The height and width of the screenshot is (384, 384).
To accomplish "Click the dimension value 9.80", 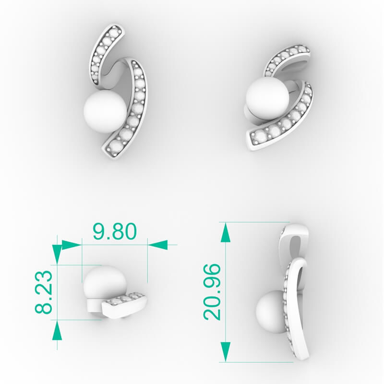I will point(115,231).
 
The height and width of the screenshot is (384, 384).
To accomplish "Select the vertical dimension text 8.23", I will point(44,292).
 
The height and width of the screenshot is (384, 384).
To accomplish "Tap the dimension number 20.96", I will point(212,291).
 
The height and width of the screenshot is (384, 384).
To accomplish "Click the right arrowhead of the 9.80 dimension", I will point(158,245).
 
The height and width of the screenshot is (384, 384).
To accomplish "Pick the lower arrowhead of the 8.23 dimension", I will point(57,331).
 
